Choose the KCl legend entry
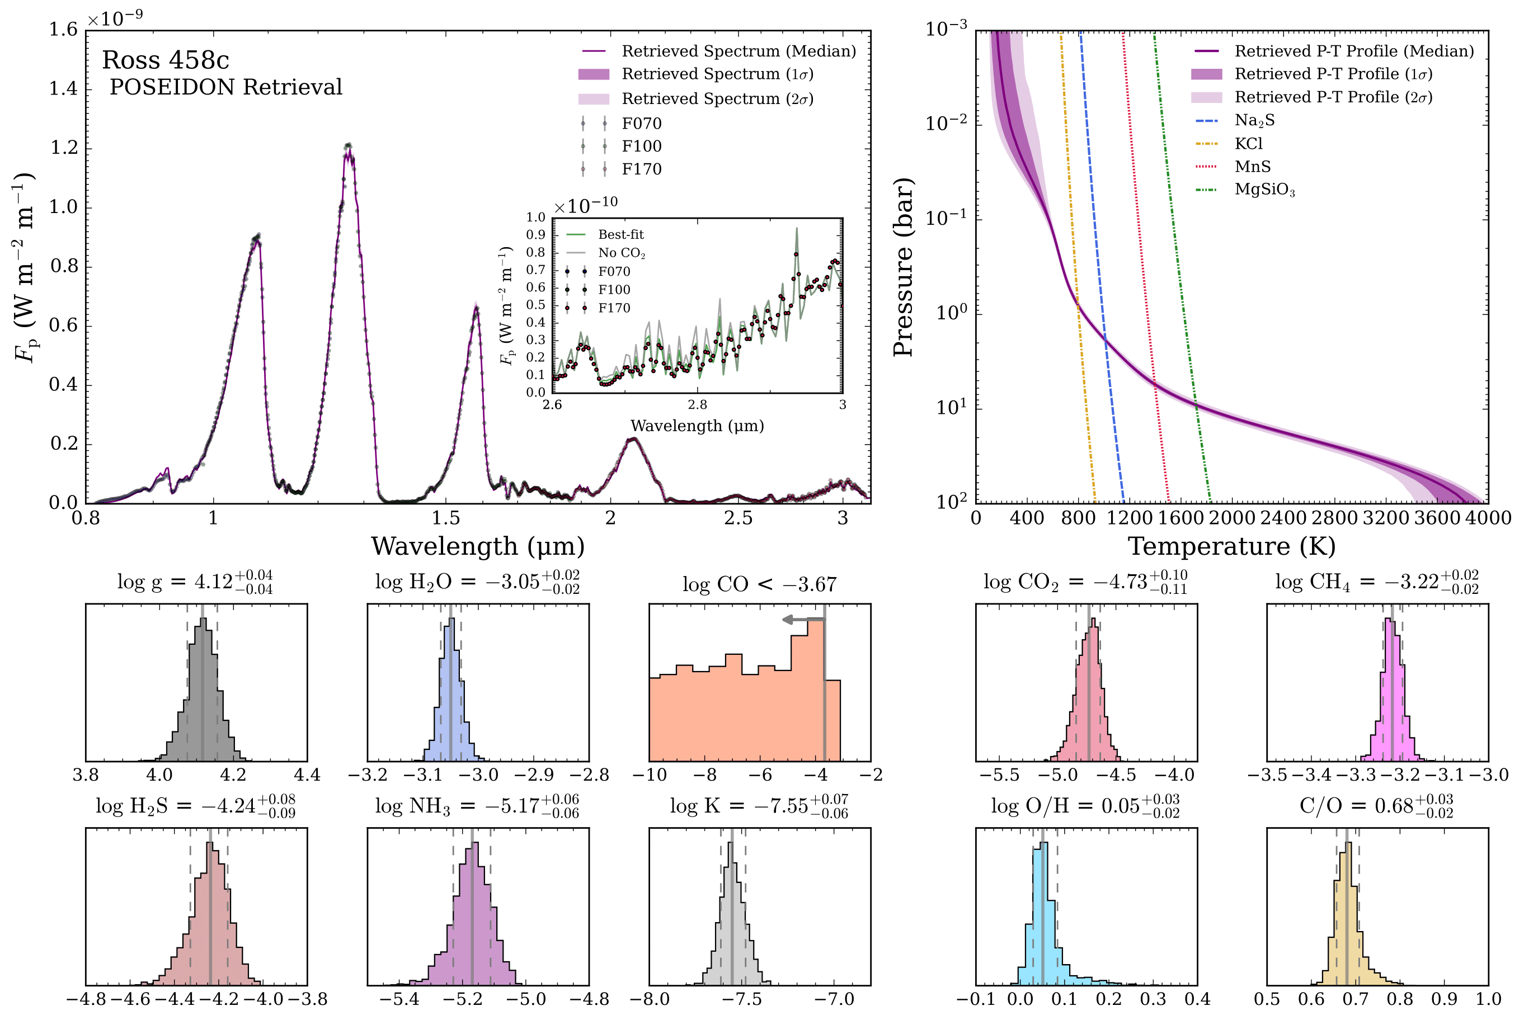click(1248, 143)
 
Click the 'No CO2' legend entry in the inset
click(622, 253)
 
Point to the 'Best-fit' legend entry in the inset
click(621, 235)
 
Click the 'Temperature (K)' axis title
click(1231, 546)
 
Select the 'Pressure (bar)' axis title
click(903, 267)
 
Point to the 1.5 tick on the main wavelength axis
click(446, 518)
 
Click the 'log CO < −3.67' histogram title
click(759, 584)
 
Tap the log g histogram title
click(195, 581)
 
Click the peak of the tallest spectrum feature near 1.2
click(349, 146)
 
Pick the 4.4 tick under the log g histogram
click(307, 775)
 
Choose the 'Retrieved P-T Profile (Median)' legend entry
click(1353, 51)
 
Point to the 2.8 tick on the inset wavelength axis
click(697, 405)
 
